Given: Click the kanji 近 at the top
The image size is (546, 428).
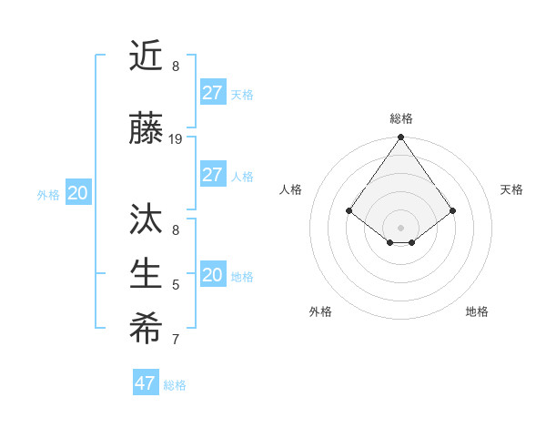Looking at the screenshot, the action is point(146,56).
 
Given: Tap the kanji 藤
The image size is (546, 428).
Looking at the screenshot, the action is point(146,130).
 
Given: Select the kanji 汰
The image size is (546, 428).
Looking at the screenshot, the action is point(146,220).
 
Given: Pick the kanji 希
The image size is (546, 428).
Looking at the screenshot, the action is point(146,330).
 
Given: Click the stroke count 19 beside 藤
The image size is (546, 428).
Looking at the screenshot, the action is point(176,139).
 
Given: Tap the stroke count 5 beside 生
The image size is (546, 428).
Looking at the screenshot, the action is point(176,285).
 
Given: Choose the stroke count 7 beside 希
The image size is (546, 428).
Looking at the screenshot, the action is point(176,340).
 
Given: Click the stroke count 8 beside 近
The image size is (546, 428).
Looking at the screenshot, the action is point(176,66).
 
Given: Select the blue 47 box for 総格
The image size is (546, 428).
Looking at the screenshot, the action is point(146,383).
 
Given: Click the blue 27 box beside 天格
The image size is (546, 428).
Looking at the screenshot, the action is point(213,93).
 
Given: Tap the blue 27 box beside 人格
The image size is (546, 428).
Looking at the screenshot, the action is point(213,175).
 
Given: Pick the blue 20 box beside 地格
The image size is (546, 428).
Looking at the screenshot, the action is point(213,275).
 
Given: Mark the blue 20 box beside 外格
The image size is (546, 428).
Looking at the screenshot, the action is point(78,193).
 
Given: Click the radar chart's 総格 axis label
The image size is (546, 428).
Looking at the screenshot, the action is point(401,118).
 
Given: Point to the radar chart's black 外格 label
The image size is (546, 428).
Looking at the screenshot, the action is point(320,311).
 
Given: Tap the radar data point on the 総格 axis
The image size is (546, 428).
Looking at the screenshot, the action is point(401,138).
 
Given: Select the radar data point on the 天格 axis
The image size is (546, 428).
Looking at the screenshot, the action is point(453,210).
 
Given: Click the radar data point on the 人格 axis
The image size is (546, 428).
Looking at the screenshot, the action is point(349,210).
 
